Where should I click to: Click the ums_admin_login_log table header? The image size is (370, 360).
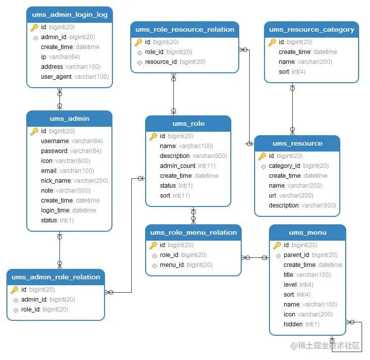pyautogui.click(x=69, y=14)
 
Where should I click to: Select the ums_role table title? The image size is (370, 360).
pyautogui.click(x=188, y=123)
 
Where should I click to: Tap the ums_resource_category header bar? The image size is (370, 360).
pyautogui.click(x=311, y=29)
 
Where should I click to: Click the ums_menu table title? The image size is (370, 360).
pyautogui.click(x=308, y=232)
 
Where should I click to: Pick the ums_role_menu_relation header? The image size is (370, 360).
pyautogui.click(x=193, y=232)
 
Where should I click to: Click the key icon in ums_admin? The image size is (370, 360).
pyautogui.click(x=34, y=131)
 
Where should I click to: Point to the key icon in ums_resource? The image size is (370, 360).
pyautogui.click(x=262, y=156)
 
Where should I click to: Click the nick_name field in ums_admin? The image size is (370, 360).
pyautogui.click(x=56, y=181)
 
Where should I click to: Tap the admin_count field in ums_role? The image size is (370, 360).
pyautogui.click(x=178, y=166)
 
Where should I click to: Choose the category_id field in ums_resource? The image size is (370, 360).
pyautogui.click(x=284, y=166)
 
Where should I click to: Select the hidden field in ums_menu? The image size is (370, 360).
pyautogui.click(x=293, y=324)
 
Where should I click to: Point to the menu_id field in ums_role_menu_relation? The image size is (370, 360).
pyautogui.click(x=172, y=265)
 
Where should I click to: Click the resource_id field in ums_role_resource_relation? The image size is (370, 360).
pyautogui.click(x=161, y=62)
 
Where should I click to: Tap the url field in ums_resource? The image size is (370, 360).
pyautogui.click(x=273, y=196)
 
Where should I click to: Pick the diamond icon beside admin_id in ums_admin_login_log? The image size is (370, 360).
pyautogui.click(x=35, y=37)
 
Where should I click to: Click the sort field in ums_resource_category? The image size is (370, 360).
pyautogui.click(x=284, y=72)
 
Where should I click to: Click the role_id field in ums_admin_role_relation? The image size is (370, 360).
pyautogui.click(x=31, y=309)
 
